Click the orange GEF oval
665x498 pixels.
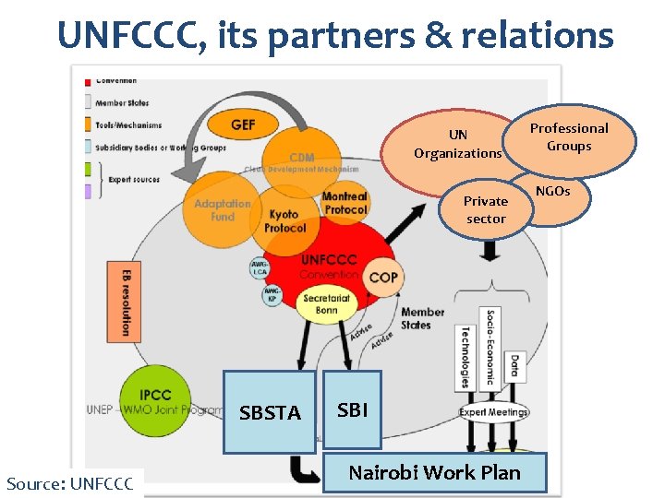243,125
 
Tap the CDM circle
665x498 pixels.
301,159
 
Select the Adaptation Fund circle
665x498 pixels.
222,210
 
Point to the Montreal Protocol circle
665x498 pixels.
344,203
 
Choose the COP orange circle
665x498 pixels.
383,278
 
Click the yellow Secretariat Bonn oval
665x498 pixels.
325,304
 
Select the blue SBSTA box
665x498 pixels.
269,412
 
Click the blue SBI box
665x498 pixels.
353,409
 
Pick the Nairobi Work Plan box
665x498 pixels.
434,472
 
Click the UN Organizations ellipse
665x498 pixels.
457,145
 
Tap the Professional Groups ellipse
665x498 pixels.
570,137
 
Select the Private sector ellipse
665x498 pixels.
486,209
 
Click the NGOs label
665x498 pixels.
553,191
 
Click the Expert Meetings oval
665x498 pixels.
494,411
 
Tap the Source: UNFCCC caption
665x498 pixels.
70,482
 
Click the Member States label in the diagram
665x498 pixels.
422,318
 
